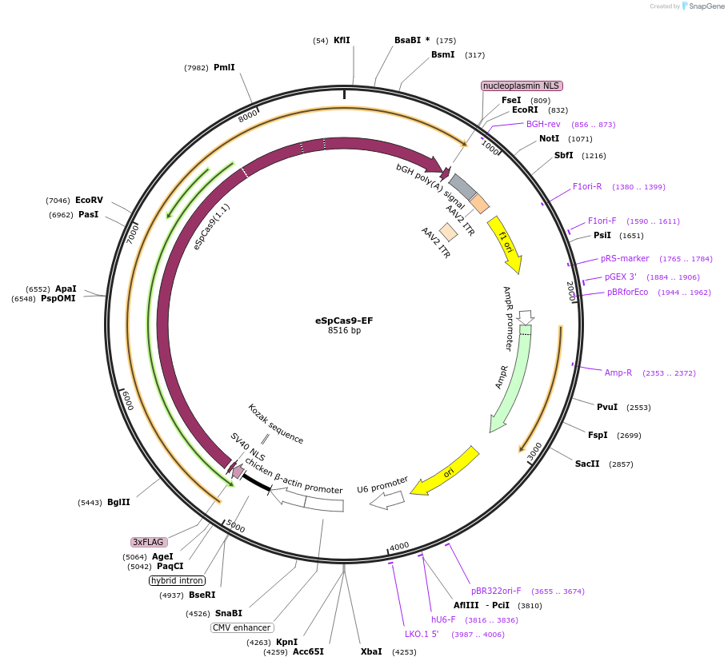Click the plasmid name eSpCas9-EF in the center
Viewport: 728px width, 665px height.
click(x=344, y=321)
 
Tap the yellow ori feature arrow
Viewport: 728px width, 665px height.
click(x=446, y=472)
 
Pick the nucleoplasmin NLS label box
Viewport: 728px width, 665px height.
click(x=522, y=86)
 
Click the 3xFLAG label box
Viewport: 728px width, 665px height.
click(x=149, y=542)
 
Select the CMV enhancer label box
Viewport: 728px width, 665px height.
click(x=242, y=627)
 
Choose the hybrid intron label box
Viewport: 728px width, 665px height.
click(x=178, y=580)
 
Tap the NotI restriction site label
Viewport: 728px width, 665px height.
click(x=549, y=138)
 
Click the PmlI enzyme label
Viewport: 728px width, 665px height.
click(x=224, y=67)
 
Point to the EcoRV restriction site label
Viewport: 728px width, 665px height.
click(x=89, y=200)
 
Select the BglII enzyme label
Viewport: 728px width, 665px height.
click(x=118, y=502)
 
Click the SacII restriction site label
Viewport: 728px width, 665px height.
click(x=587, y=464)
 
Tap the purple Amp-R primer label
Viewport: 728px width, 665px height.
click(x=618, y=372)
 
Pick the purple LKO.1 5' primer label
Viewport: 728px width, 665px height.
click(x=422, y=634)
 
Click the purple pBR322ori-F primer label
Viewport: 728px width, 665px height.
click(x=496, y=591)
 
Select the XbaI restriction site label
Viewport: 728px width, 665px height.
click(x=371, y=651)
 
